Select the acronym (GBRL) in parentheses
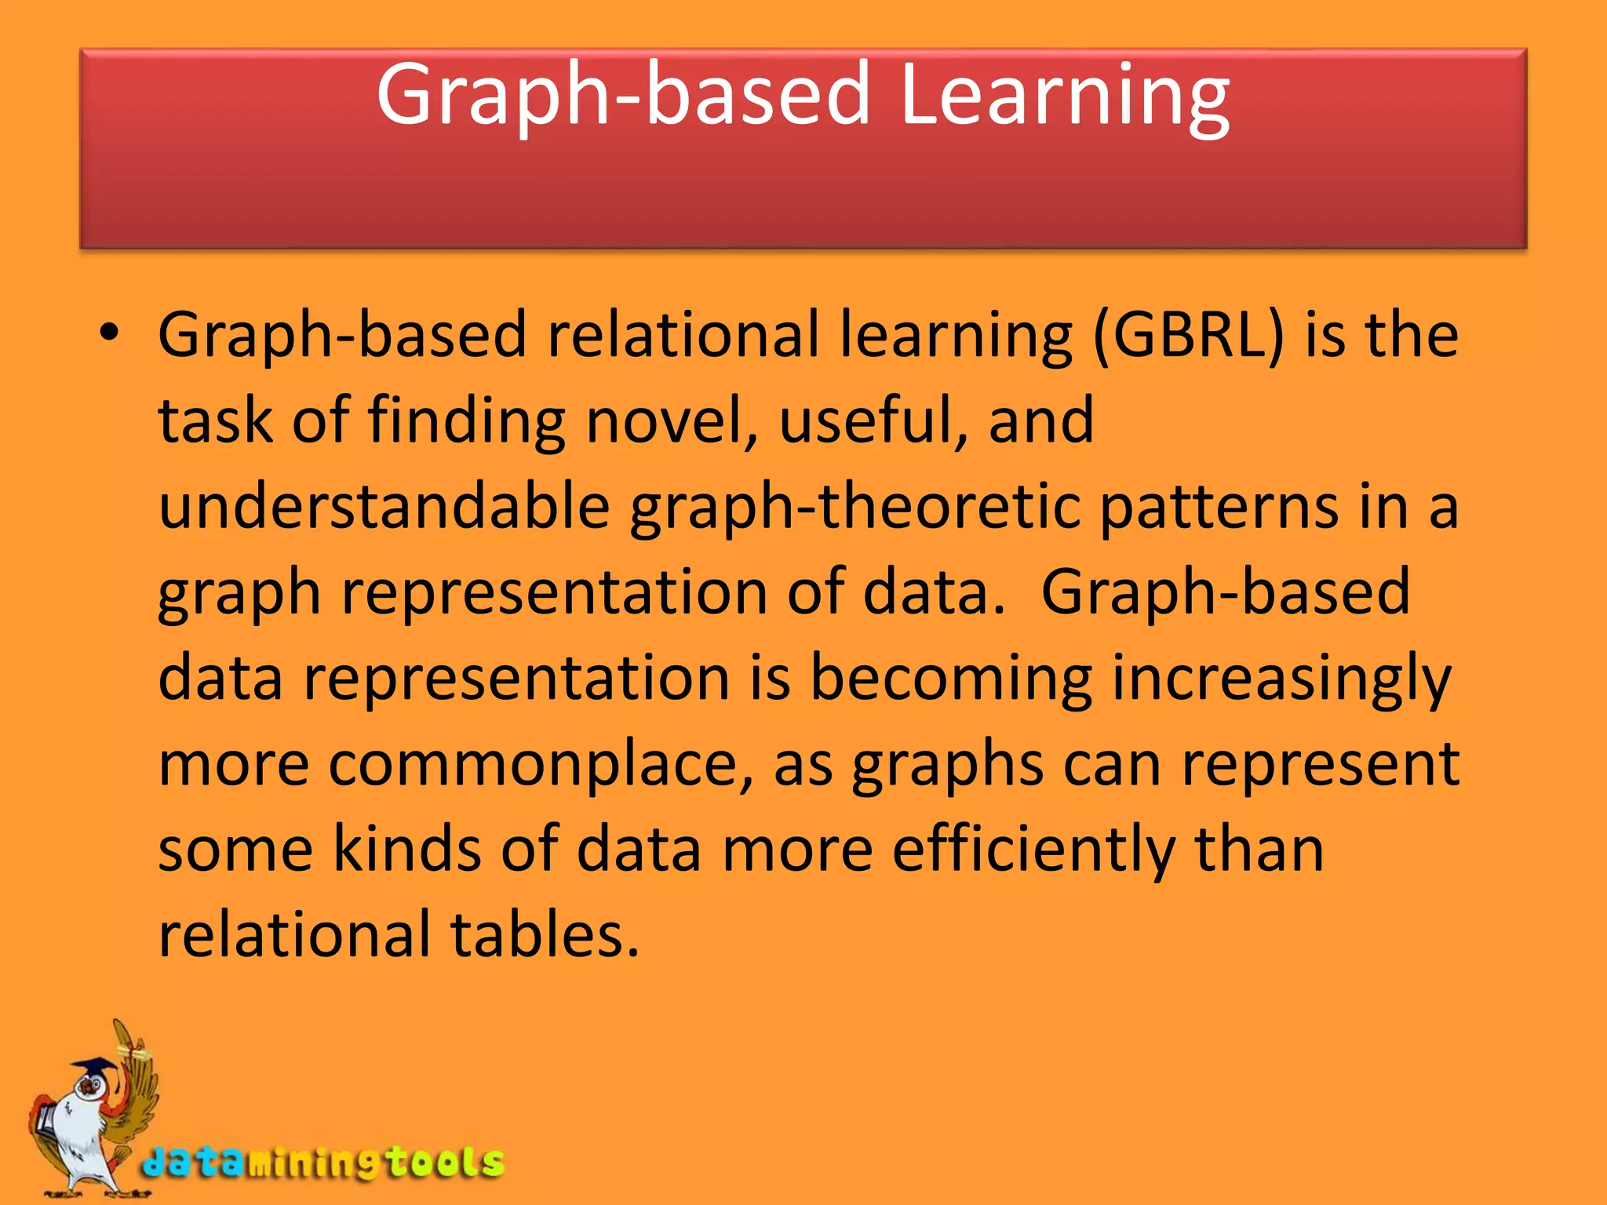coord(1188,336)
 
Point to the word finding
coord(466,422)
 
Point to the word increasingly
coord(1281,679)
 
